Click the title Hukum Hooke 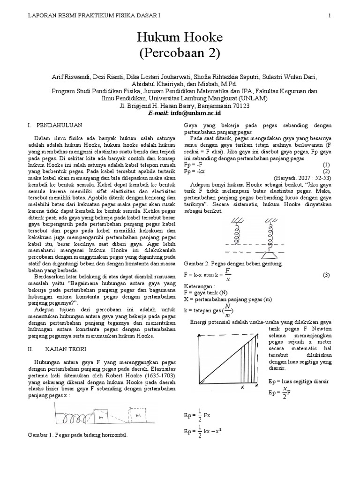[x=180, y=37]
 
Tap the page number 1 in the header [x=330, y=15]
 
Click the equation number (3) [x=326, y=274]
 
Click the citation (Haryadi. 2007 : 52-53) [x=302, y=179]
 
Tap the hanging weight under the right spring [x=272, y=256]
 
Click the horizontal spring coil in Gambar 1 [x=75, y=415]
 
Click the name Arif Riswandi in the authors [x=68, y=77]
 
